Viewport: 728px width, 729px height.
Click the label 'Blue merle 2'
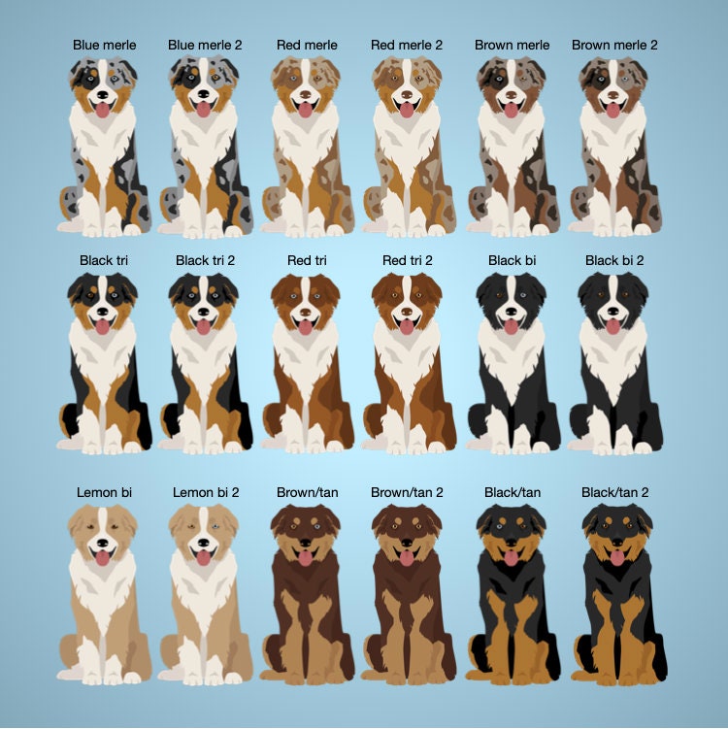[205, 45]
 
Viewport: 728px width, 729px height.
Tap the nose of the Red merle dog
[305, 94]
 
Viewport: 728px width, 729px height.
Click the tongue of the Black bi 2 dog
[612, 326]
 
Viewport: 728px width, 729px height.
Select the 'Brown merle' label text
[512, 45]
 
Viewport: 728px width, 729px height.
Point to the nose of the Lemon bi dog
[102, 543]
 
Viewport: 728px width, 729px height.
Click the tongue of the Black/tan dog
[511, 558]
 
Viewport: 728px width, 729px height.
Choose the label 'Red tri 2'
[408, 260]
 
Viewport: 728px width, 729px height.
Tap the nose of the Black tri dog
[102, 311]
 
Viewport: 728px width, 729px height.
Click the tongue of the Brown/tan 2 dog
[407, 558]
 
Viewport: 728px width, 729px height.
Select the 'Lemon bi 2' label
[206, 492]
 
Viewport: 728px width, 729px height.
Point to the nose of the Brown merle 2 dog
[612, 94]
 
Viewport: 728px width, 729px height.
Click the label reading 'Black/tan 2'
[614, 492]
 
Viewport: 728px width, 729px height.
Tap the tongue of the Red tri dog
[305, 326]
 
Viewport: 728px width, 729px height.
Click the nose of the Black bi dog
[511, 311]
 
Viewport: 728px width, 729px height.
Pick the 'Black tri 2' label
[205, 260]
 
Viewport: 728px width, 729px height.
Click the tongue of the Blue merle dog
[102, 111]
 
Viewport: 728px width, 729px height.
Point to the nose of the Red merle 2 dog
[407, 94]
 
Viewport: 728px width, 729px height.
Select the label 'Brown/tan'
[308, 492]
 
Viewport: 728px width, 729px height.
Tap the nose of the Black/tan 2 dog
[617, 543]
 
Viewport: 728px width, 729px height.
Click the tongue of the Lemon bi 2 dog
[203, 558]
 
